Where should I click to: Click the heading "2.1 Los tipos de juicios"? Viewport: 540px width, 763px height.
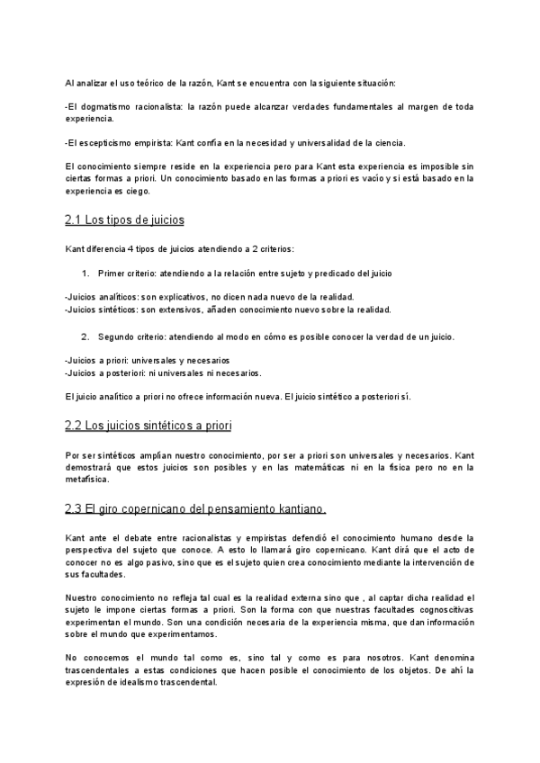coord(124,220)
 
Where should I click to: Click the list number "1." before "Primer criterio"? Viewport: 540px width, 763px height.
coord(85,273)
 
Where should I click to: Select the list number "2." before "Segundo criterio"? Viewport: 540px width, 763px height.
coord(85,337)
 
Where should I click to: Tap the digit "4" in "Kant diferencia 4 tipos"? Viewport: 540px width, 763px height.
coord(129,247)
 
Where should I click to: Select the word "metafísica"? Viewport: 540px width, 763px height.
coord(88,480)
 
